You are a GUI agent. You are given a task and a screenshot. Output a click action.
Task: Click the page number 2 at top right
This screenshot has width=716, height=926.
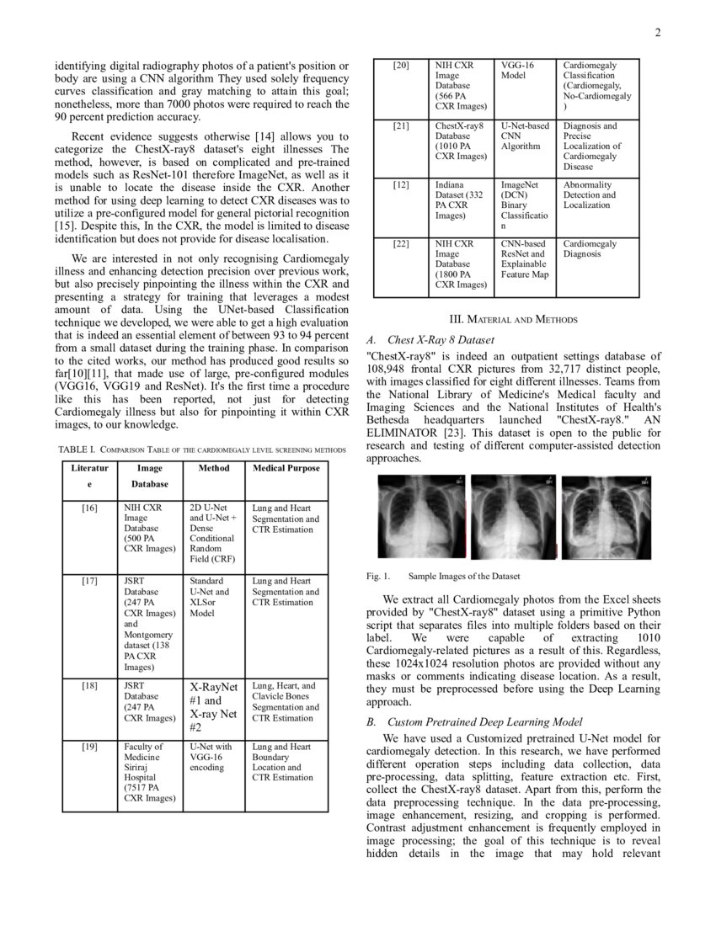click(658, 33)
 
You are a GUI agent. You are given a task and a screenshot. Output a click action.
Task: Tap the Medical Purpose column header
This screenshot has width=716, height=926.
click(286, 468)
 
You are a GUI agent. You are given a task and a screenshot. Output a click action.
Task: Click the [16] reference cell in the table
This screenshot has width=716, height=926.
click(89, 508)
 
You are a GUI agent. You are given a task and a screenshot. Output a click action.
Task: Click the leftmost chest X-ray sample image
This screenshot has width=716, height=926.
click(419, 516)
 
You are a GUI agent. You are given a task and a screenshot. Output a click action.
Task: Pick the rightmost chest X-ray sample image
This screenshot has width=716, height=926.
click(605, 516)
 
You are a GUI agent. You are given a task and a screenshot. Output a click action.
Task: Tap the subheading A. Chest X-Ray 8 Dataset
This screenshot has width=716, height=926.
click(430, 340)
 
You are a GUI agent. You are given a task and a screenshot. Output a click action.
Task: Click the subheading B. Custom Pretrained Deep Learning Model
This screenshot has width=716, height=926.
click(474, 722)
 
